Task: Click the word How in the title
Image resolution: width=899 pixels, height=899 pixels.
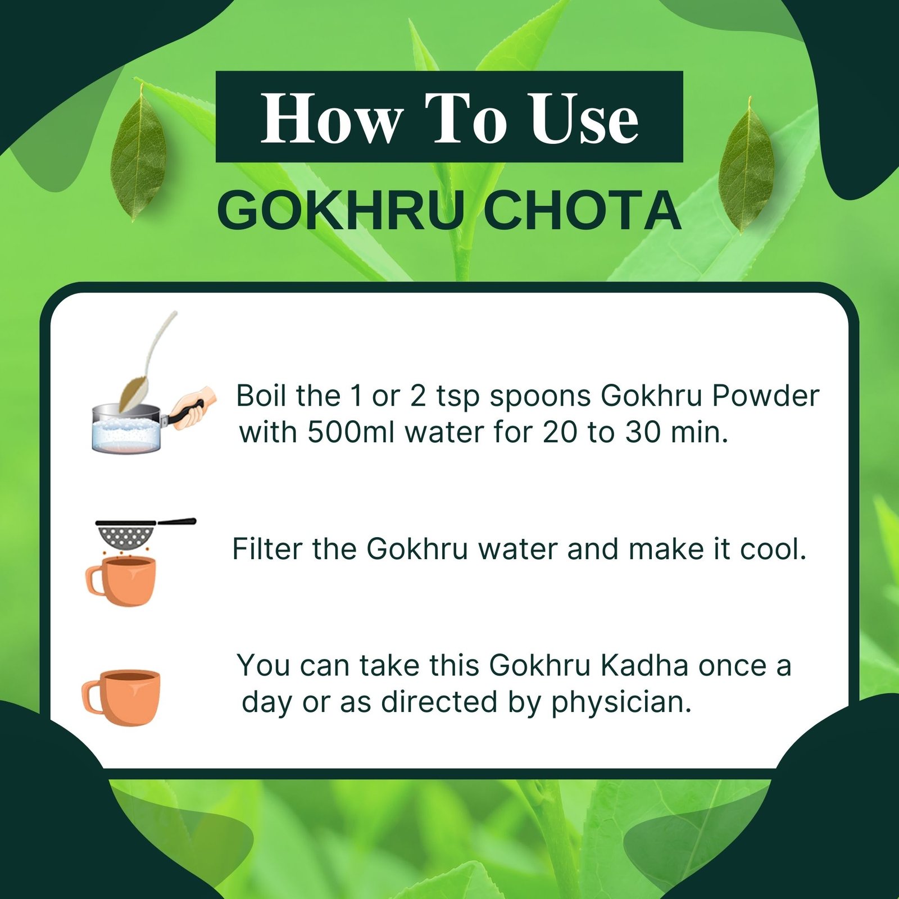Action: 332,118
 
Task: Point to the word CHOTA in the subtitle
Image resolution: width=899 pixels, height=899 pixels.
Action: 582,211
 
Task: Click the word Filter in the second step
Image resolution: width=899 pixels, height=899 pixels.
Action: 267,549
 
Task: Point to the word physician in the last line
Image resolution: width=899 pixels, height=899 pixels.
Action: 620,702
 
